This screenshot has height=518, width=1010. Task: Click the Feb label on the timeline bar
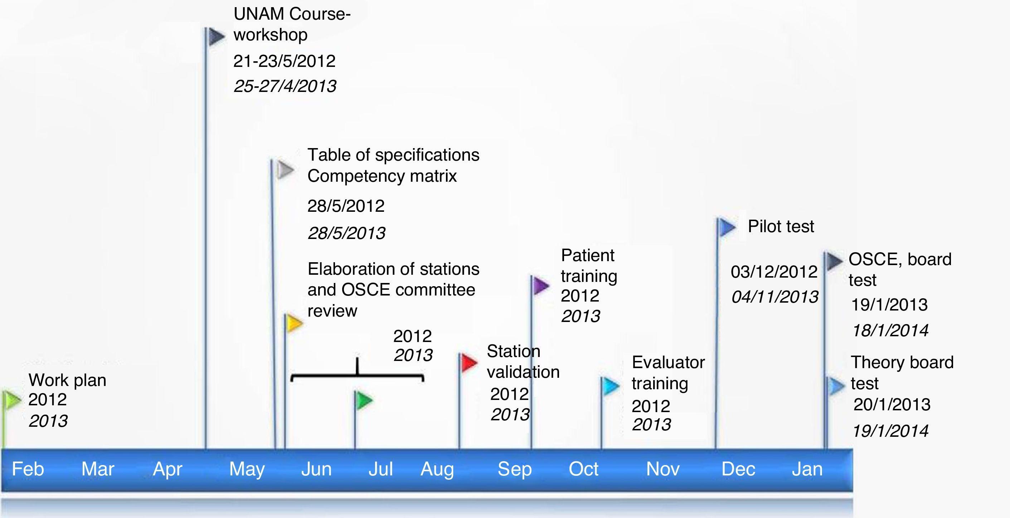[x=28, y=469]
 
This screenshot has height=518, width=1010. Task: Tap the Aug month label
[x=437, y=469]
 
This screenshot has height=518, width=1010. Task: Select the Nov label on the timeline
[x=662, y=469]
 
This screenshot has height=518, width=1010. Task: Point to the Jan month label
[x=807, y=469]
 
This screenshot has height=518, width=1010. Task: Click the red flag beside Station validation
[x=468, y=362]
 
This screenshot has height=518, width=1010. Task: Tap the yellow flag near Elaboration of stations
[x=294, y=323]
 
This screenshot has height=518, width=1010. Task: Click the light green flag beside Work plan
[x=12, y=400]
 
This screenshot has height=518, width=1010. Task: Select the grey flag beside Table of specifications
[x=286, y=170]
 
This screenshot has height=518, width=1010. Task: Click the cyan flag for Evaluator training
[x=610, y=386]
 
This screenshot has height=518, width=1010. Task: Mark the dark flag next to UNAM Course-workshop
[x=216, y=36]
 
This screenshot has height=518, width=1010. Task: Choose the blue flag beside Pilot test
[x=727, y=227]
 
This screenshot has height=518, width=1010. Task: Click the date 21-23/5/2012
[x=284, y=61]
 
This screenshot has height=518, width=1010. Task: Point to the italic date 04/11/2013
[x=775, y=297]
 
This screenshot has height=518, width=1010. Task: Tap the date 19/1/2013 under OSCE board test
[x=889, y=305]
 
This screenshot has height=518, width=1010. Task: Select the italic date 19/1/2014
[x=890, y=431]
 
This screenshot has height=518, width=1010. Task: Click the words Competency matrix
[x=382, y=176]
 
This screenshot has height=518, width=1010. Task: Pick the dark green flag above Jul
[x=364, y=400]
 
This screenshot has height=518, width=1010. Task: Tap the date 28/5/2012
[x=346, y=206]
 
